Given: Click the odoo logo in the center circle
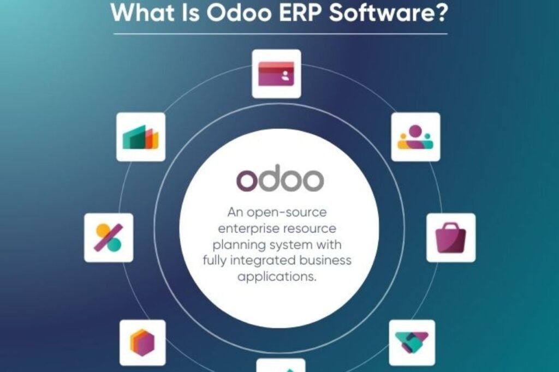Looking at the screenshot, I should pyautogui.click(x=279, y=179).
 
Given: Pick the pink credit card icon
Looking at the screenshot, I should pyautogui.click(x=276, y=74).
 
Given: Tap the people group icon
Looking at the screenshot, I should pyautogui.click(x=415, y=137).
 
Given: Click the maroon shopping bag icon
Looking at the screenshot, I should pyautogui.click(x=450, y=238).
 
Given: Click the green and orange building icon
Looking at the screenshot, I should pyautogui.click(x=140, y=137).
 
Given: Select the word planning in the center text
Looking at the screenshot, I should pyautogui.click(x=238, y=244).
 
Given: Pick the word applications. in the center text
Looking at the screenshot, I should pyautogui.click(x=277, y=276).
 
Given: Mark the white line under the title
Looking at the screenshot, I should pyautogui.click(x=279, y=34).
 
